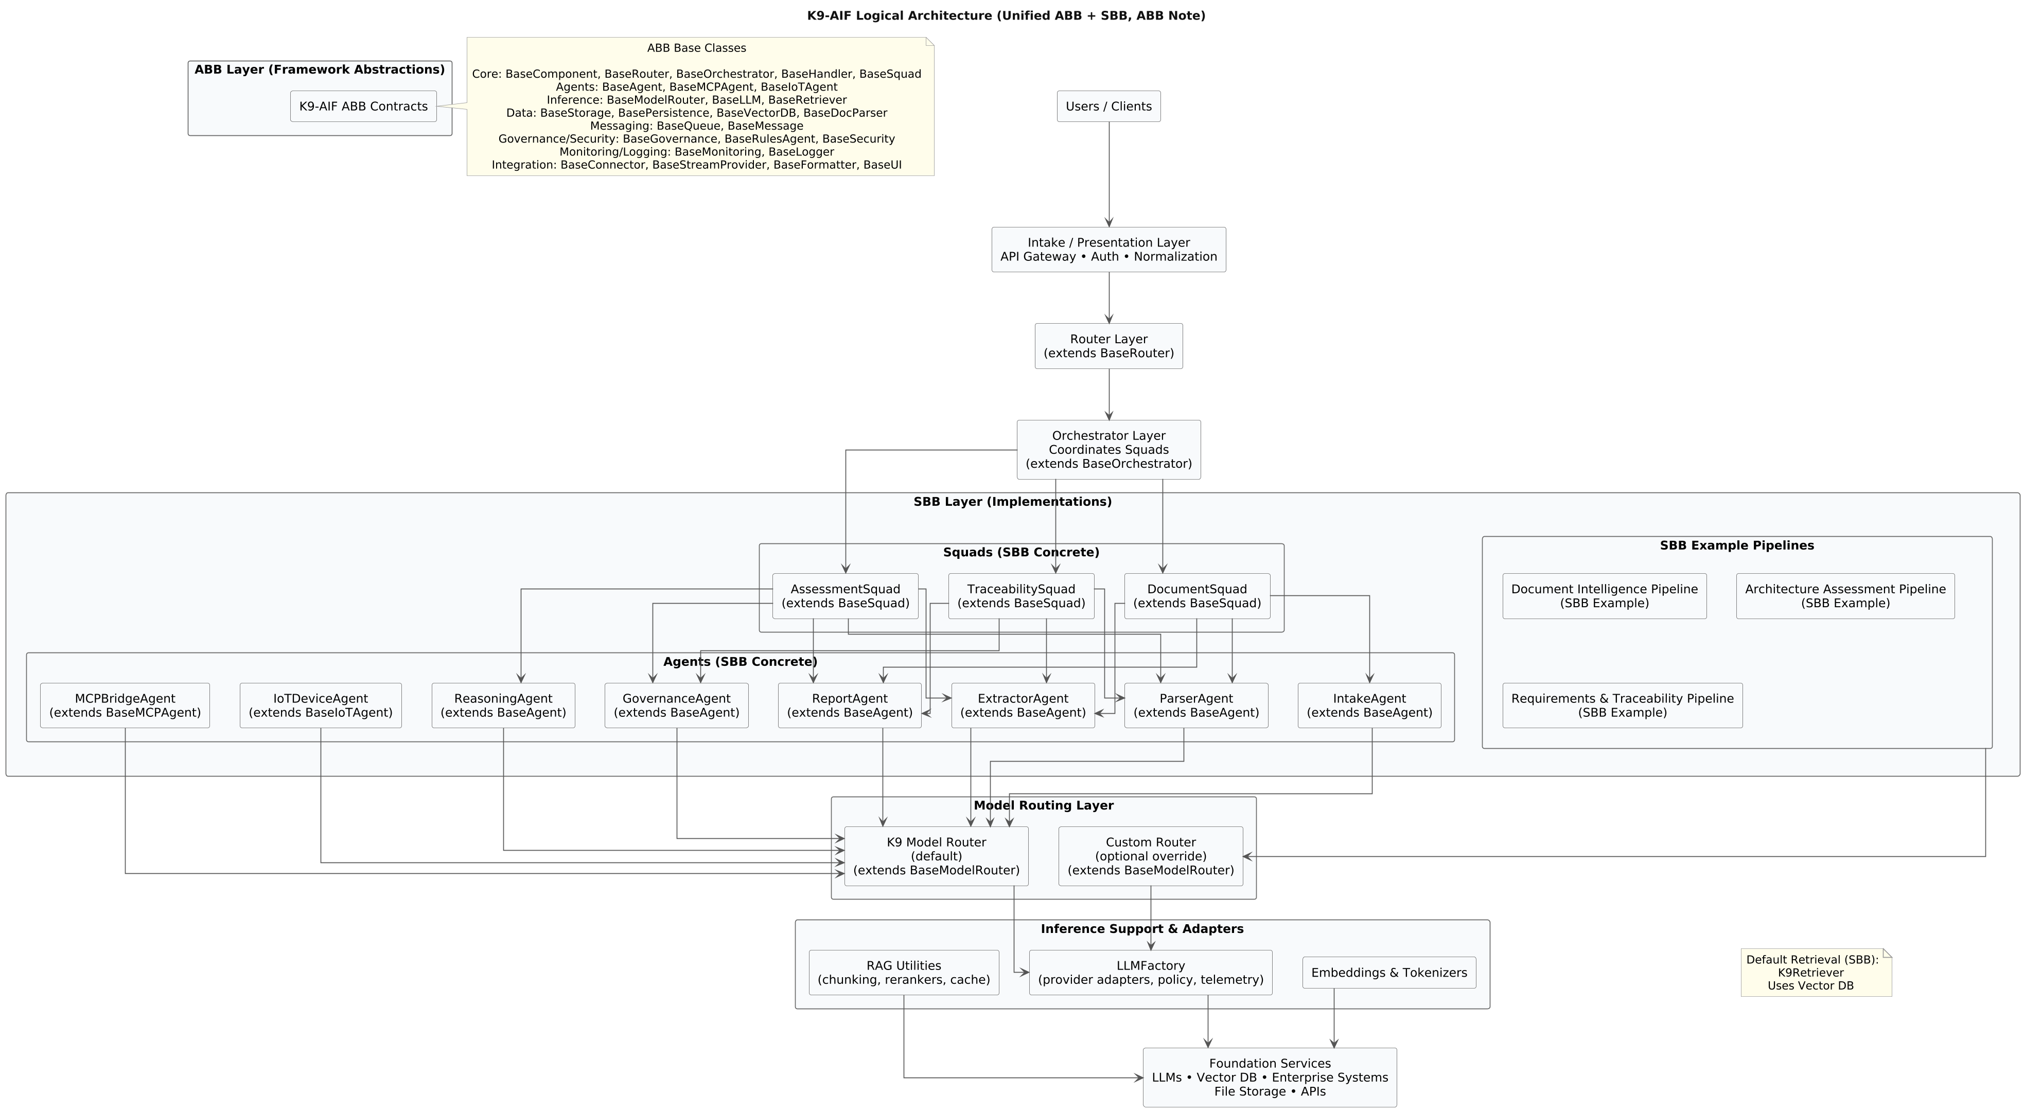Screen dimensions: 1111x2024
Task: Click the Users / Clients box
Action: tap(1108, 106)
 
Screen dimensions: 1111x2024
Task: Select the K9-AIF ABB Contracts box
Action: tap(363, 106)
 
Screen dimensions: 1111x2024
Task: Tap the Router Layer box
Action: tap(1108, 346)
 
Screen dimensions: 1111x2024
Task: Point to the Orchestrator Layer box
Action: tap(1108, 449)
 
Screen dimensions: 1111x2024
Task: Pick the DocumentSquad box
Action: tap(1196, 595)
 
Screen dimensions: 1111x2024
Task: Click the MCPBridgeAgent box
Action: tap(125, 705)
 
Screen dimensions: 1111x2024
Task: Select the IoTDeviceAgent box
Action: tap(321, 705)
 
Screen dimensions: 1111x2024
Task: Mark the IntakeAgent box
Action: tap(1369, 705)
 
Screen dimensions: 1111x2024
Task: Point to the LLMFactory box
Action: tap(1150, 972)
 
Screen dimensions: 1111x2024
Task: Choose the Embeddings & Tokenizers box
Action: tap(1388, 972)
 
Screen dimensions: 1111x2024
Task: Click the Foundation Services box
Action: tap(1269, 1077)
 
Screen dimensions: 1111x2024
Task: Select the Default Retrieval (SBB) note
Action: tap(1816, 973)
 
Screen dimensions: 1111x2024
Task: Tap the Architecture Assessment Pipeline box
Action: tap(1845, 595)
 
